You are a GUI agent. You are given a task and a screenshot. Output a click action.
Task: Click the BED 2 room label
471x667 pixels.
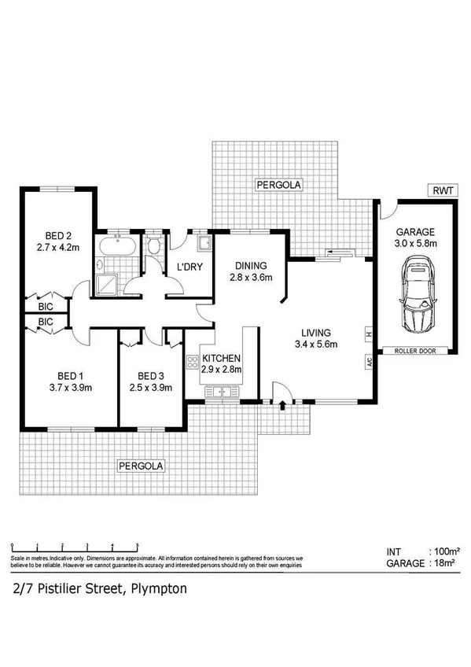(58, 235)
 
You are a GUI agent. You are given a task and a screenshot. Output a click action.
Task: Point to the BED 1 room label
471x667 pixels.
(70, 375)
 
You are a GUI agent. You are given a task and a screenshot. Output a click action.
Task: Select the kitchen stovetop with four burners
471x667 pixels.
(192, 363)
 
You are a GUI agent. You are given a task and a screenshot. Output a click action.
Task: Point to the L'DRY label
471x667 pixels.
(190, 267)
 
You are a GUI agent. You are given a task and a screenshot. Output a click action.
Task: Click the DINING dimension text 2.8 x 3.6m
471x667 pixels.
(251, 277)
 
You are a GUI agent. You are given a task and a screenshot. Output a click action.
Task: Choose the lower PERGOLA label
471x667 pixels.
(142, 466)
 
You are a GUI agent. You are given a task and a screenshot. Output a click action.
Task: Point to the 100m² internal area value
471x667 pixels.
(446, 552)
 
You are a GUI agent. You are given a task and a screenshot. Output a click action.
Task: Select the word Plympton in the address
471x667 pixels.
(159, 588)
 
